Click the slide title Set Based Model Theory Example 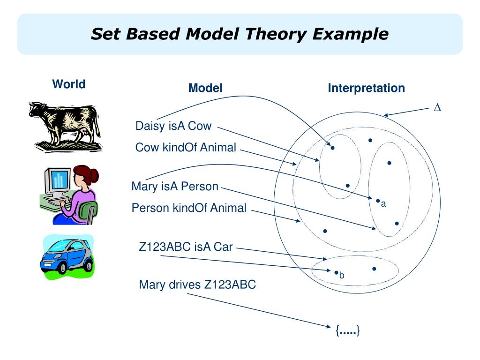(x=240, y=34)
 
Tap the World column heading (x=68, y=84)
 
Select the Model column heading (x=205, y=88)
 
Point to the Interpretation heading (x=366, y=88)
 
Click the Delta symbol (x=437, y=108)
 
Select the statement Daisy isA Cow (x=173, y=126)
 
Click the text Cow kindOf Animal (x=186, y=147)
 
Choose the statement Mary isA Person (x=175, y=187)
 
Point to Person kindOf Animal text (x=189, y=208)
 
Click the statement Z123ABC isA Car (x=186, y=247)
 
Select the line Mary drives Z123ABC (x=197, y=285)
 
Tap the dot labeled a (x=377, y=200)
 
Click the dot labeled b (x=336, y=272)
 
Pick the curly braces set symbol (x=347, y=330)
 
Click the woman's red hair (x=88, y=175)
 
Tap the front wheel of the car (x=61, y=268)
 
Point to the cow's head (x=35, y=111)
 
